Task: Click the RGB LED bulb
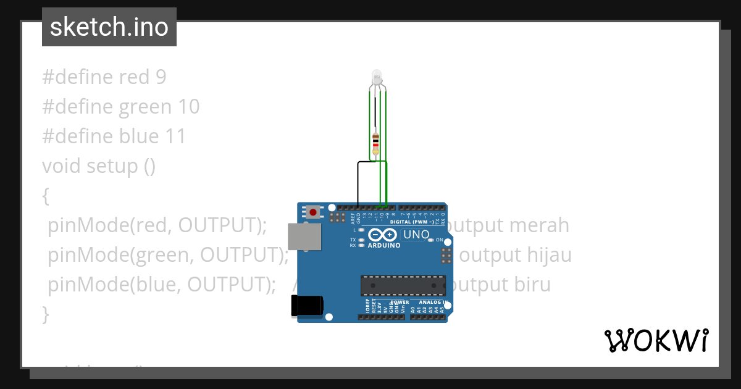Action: pyautogui.click(x=377, y=78)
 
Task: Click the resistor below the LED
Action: pyautogui.click(x=375, y=142)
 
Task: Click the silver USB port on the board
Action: pyautogui.click(x=304, y=236)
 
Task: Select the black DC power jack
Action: pyautogui.click(x=307, y=305)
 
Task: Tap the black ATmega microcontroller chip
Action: pyautogui.click(x=403, y=285)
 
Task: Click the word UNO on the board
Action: pyautogui.click(x=416, y=235)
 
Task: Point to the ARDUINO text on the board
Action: pyautogui.click(x=383, y=245)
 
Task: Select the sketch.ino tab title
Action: pyautogui.click(x=109, y=27)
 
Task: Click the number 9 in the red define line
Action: pyautogui.click(x=161, y=77)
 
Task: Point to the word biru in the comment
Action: pyautogui.click(x=532, y=284)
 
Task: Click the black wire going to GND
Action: pyautogui.click(x=358, y=182)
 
